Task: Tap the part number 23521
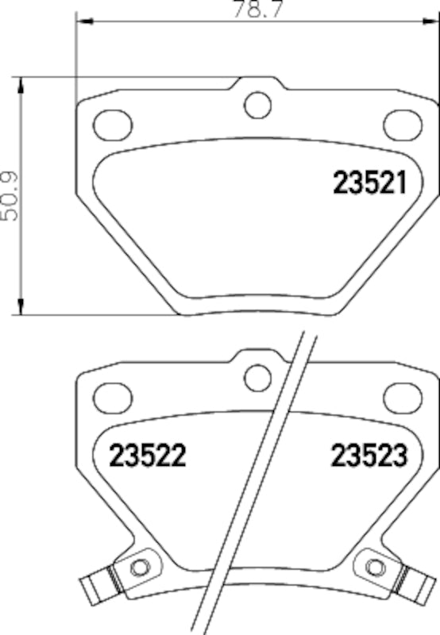pyautogui.click(x=369, y=184)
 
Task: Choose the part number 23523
pyautogui.click(x=369, y=456)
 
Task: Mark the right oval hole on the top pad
pyautogui.click(x=400, y=123)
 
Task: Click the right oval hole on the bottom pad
pyautogui.click(x=400, y=394)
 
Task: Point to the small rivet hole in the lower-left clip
pyautogui.click(x=140, y=567)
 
